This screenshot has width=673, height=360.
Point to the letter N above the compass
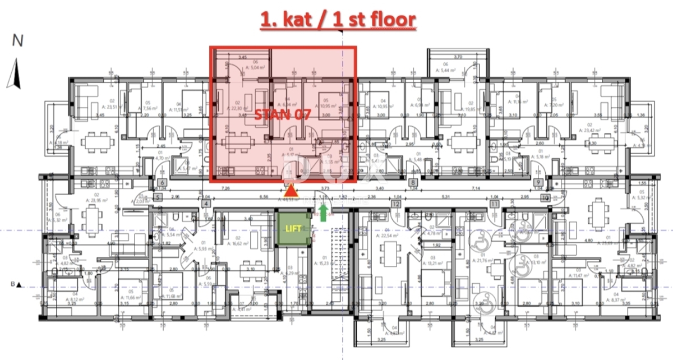(x=18, y=41)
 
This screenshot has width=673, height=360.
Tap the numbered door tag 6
(x=161, y=182)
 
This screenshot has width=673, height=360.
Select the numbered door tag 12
(x=396, y=204)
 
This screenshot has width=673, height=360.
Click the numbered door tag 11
(x=494, y=204)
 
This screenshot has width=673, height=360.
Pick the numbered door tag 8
(x=413, y=182)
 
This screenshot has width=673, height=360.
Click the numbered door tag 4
(x=206, y=204)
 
